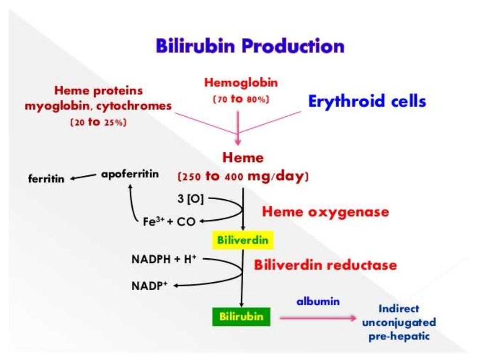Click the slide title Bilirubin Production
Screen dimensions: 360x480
[250, 46]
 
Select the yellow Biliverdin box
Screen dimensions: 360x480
[243, 240]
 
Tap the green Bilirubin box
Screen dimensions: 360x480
[241, 316]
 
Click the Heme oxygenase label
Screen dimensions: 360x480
[325, 212]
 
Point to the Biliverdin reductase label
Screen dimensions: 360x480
[325, 265]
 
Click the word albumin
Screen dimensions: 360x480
[318, 301]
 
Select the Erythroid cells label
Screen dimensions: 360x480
[367, 101]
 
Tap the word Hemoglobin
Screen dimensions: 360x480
[241, 83]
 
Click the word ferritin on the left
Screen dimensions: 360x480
[46, 179]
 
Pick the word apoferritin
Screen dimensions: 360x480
[130, 174]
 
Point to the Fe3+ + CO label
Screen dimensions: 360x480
[169, 222]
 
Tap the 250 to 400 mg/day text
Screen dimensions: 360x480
[243, 177]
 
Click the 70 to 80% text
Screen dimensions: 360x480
[241, 100]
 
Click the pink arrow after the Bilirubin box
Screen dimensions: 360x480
[317, 317]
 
